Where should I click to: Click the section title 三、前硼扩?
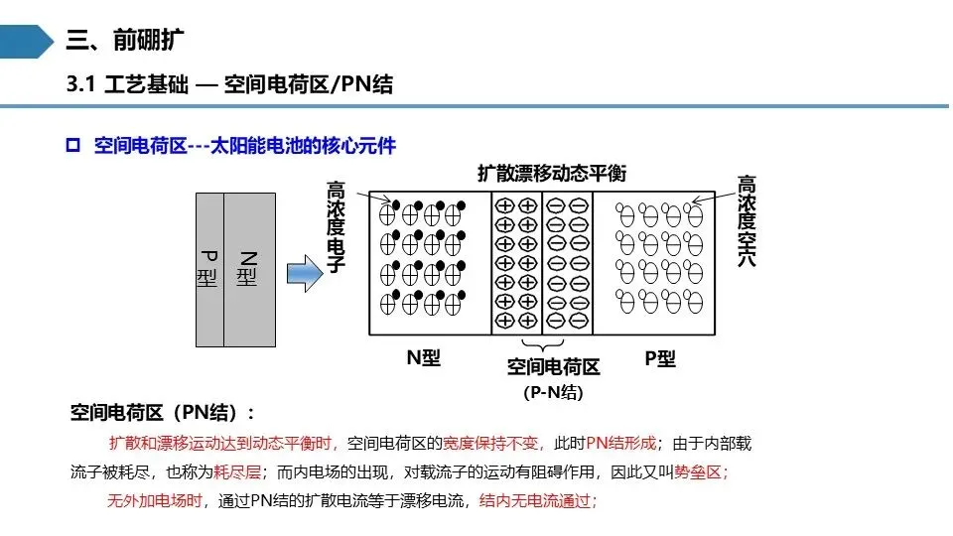[125, 41]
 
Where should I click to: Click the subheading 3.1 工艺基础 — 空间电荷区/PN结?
[229, 83]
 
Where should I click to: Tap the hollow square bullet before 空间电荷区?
[72, 145]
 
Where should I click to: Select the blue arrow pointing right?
[305, 274]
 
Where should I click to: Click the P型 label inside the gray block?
[207, 268]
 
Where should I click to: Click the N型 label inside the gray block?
[247, 268]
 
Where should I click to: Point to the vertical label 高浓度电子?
[336, 226]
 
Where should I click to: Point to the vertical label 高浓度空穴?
[747, 220]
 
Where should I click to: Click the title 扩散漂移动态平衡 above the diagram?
[551, 173]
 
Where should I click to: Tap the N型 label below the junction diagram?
[423, 357]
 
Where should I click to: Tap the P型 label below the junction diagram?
[660, 358]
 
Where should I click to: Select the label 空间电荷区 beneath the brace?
[553, 367]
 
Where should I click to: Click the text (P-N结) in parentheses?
[553, 393]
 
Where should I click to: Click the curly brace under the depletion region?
[543, 345]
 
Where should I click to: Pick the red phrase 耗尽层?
[237, 472]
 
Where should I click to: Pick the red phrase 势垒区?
[698, 472]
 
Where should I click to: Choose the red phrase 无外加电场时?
[155, 500]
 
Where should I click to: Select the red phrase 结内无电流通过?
[535, 500]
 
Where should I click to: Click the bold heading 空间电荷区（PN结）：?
[162, 413]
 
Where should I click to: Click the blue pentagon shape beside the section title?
[26, 42]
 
